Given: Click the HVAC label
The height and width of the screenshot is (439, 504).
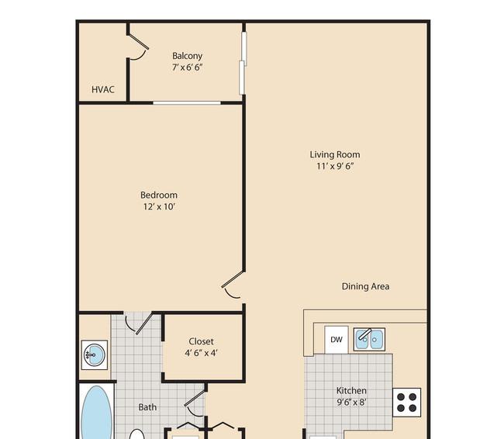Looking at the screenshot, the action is coord(103,89).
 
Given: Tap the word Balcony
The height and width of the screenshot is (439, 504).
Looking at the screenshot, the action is coord(187,56).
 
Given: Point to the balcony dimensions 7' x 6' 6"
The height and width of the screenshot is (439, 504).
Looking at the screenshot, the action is coord(187,67).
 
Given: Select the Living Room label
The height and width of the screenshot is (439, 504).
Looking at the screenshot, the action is coord(335,154).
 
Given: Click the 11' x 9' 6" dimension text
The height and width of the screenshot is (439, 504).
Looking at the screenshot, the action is coord(335,166).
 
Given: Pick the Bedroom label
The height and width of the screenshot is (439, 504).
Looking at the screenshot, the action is coord(159,195).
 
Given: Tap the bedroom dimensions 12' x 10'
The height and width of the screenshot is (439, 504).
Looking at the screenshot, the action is coord(159,206).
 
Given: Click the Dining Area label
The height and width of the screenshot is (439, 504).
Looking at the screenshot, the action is coord(365,286).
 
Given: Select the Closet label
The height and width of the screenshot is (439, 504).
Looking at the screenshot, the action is coord(202,341).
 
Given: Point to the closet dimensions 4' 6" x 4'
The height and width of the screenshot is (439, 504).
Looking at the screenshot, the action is coord(202,353).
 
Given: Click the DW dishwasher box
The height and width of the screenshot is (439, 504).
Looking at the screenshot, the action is coord(337,340).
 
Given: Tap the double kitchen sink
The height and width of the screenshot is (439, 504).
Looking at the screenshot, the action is coord(369,339).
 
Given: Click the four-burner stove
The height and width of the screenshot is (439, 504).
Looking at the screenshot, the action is coord(406,403).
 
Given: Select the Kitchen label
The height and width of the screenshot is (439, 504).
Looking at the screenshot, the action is coord(351,391).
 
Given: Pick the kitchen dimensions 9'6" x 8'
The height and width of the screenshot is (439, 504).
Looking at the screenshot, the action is coord(351,403).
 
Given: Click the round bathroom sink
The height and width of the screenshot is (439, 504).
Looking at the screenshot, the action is coord(94,354).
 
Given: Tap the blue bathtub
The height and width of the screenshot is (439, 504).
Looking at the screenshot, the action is coord(96,413).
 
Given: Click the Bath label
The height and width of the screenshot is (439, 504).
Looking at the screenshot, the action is coord(147,407).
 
